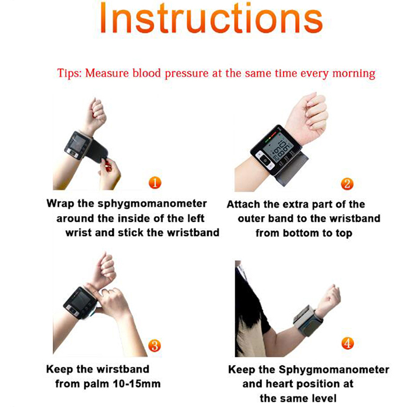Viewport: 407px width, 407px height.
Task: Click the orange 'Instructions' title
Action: click(211, 18)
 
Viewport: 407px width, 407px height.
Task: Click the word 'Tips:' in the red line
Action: click(69, 73)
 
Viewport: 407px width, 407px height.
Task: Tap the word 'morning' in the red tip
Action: click(354, 73)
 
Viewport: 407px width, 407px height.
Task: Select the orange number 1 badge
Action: click(155, 183)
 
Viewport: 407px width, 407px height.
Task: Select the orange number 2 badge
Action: click(347, 184)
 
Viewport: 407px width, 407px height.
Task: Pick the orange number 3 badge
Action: click(155, 345)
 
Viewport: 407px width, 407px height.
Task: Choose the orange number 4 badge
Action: click(347, 343)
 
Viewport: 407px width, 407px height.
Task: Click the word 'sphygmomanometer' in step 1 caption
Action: click(152, 204)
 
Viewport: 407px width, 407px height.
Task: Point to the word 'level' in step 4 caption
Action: click(324, 398)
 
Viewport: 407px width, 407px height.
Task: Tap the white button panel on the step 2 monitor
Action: click(265, 160)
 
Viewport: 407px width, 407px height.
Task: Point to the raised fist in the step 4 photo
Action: click(329, 299)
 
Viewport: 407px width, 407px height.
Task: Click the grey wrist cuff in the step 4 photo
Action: click(308, 321)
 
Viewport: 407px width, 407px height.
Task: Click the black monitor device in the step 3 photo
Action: click(80, 303)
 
